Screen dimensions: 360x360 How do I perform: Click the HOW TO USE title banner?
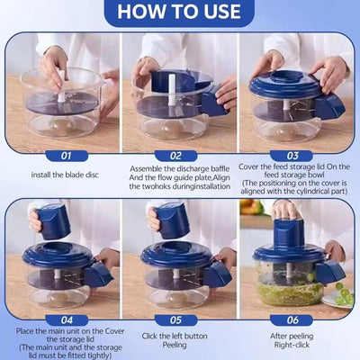tap(179, 12)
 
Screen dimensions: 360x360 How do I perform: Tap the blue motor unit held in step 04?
tap(53, 221)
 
